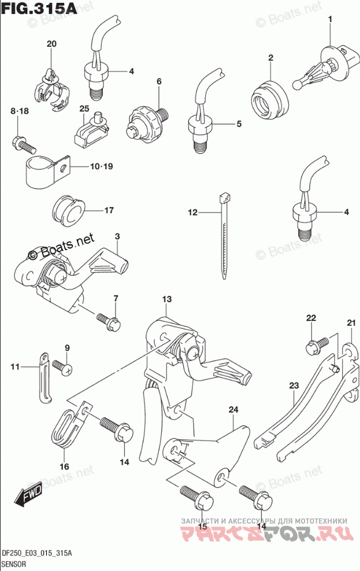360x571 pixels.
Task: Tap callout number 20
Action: click(x=52, y=44)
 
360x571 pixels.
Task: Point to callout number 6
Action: click(x=159, y=81)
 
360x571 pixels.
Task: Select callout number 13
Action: click(x=167, y=299)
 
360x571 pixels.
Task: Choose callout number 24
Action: click(x=233, y=410)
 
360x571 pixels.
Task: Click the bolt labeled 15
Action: click(x=191, y=496)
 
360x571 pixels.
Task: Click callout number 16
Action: click(x=64, y=466)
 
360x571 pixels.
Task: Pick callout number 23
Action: click(x=293, y=385)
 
